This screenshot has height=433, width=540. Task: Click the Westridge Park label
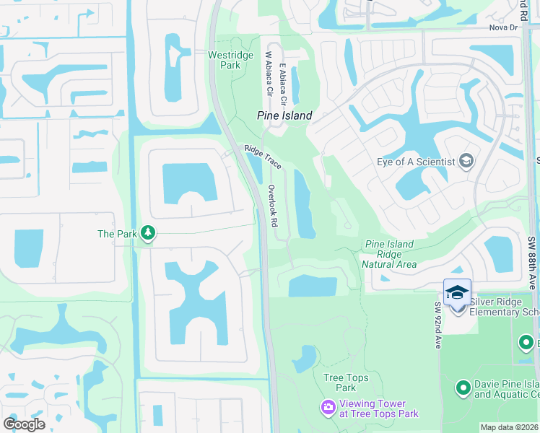tap(224, 60)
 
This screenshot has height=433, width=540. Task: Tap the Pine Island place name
tap(285, 115)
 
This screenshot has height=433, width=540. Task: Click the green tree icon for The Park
tap(148, 232)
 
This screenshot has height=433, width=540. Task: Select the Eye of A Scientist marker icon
tap(466, 161)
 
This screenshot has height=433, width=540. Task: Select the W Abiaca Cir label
tap(269, 74)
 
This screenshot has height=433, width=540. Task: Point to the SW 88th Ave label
tap(532, 261)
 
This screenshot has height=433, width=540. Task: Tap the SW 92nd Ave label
tap(437, 325)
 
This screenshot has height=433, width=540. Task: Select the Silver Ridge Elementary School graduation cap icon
tap(458, 293)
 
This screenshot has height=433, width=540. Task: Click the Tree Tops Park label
tap(345, 382)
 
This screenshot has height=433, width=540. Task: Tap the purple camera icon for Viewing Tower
tap(328, 408)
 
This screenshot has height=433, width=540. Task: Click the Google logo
tap(24, 424)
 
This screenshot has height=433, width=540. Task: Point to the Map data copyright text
tap(510, 427)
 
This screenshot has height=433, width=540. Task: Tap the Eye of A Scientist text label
tap(414, 162)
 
